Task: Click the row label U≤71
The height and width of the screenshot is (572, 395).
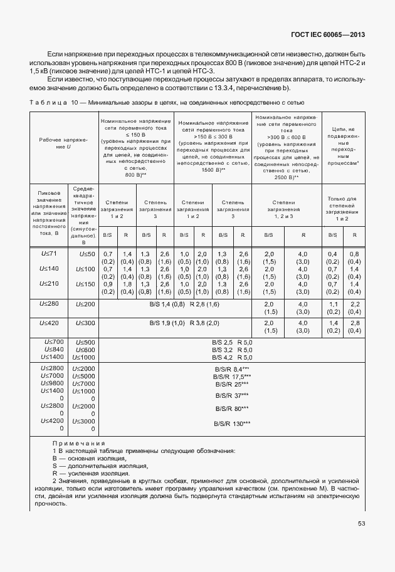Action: click(48, 253)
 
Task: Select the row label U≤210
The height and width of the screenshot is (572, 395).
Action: click(48, 283)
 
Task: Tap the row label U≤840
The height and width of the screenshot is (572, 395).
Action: click(53, 348)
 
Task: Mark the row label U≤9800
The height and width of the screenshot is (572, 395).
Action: click(53, 383)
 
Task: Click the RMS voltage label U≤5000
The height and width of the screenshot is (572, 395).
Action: click(84, 375)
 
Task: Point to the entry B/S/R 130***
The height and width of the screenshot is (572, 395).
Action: click(233, 424)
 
